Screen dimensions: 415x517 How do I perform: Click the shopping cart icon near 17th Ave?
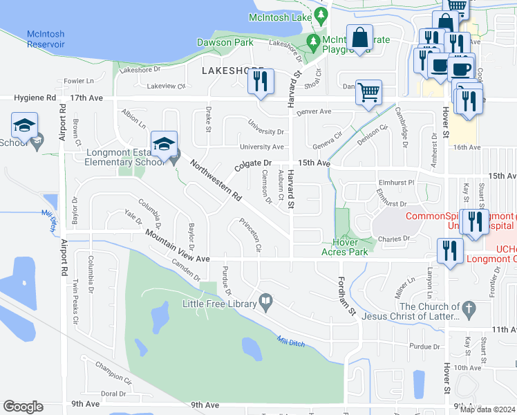coord(369,91)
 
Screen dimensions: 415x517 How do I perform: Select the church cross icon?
coord(468,307)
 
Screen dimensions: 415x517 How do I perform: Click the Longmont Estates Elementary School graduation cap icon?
coord(164,144)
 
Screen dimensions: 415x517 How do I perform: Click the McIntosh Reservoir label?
coord(46,39)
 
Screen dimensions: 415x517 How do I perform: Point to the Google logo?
coord(23,407)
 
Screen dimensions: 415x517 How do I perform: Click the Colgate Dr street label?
coord(252,163)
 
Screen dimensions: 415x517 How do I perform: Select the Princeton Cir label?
coord(250,235)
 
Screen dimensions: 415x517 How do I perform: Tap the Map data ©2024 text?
coord(487,409)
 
